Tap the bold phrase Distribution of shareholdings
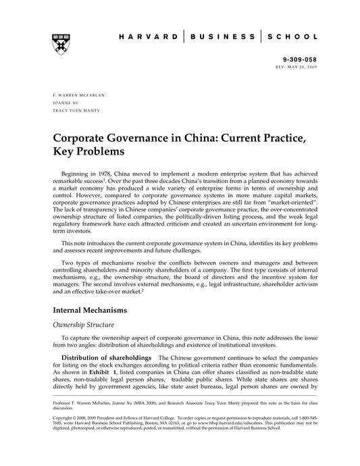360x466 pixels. [107, 357]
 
